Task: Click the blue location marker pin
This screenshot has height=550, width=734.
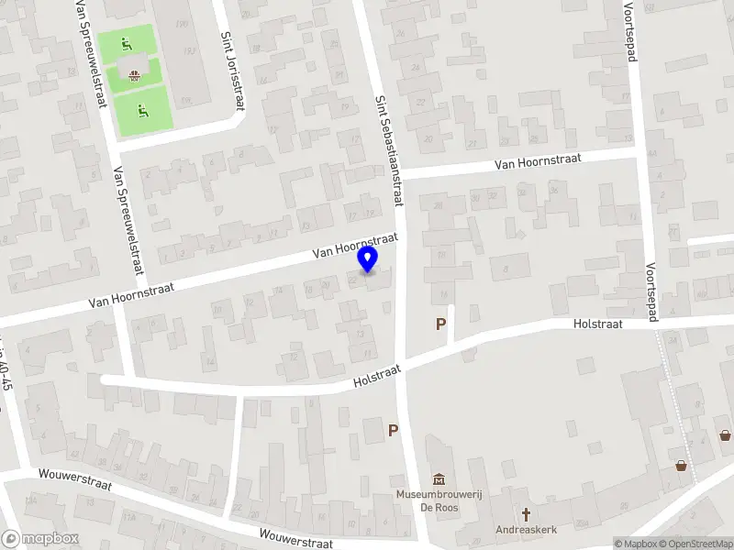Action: coord(368,259)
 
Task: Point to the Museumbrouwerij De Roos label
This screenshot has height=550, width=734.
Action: coord(439,500)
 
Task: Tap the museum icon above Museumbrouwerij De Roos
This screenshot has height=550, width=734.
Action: coord(439,479)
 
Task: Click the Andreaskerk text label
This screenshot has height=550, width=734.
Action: coord(527,529)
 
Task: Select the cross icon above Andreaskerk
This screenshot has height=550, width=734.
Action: coord(527,514)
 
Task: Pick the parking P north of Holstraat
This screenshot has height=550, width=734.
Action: coord(441,324)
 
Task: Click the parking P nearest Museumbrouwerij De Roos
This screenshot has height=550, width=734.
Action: coord(393,430)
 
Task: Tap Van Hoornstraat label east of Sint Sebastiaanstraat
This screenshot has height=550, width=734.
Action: coord(538,161)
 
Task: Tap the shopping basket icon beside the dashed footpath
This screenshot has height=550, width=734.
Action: coord(681,466)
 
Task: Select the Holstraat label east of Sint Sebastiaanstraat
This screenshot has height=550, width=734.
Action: coord(597,324)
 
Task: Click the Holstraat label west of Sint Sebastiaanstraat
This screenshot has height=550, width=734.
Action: coord(378,375)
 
